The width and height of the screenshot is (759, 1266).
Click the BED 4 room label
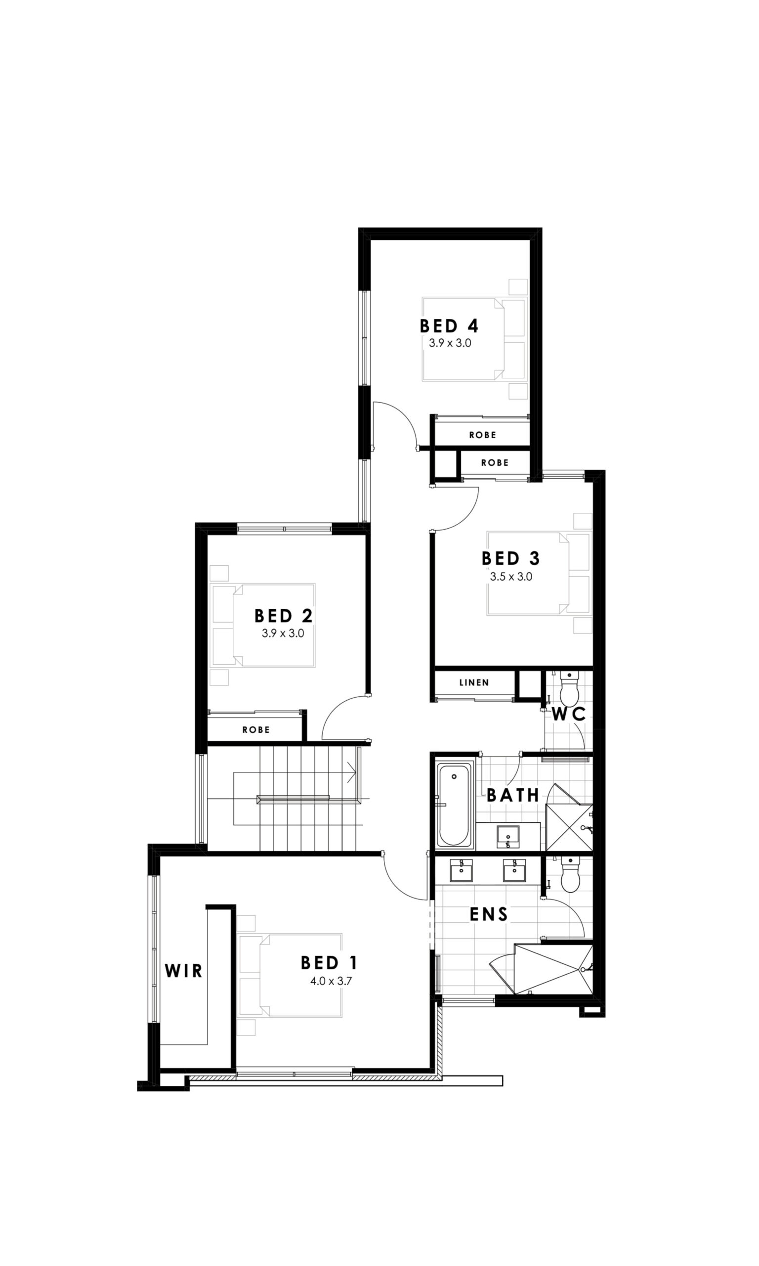[x=449, y=326]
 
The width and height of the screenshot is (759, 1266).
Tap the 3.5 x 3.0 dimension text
[x=511, y=577]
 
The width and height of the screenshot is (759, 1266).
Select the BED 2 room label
[x=283, y=615]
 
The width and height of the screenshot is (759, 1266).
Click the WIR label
[x=184, y=971]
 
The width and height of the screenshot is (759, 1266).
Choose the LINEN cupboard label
[x=474, y=682]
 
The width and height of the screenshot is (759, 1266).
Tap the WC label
[x=569, y=715]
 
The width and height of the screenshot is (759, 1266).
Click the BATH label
[x=513, y=795]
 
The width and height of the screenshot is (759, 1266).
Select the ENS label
[x=489, y=914]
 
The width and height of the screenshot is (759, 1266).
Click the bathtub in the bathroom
[x=454, y=805]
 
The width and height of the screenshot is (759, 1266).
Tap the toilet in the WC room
[x=569, y=689]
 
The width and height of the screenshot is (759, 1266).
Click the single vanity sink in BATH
[x=508, y=836]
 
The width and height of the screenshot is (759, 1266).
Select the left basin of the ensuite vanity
[x=462, y=870]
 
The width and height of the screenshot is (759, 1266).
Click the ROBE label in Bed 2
[x=256, y=730]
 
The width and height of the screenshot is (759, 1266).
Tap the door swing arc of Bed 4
[x=402, y=417]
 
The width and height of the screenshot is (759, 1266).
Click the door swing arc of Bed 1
[x=399, y=883]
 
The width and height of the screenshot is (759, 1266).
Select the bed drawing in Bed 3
[x=538, y=573]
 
